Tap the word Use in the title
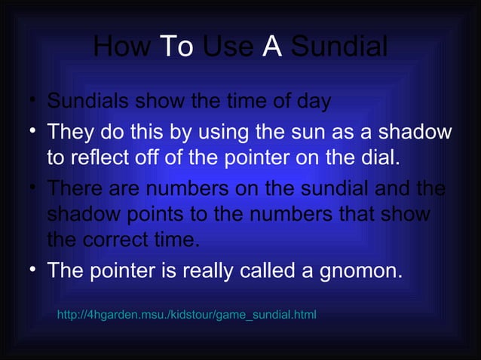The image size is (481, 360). [228, 47]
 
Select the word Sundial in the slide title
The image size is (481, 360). [339, 47]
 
